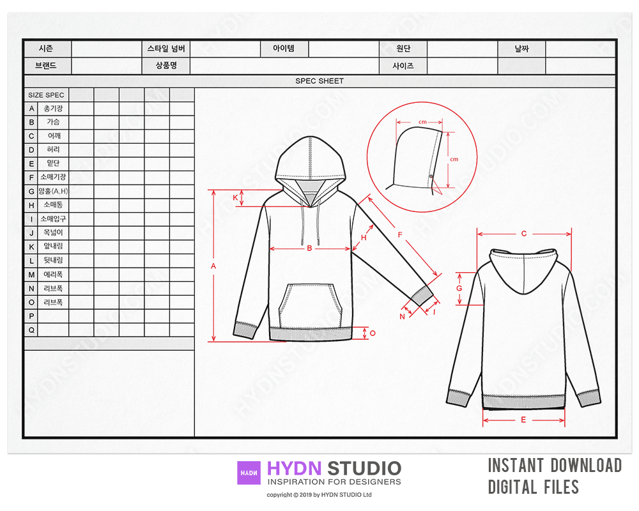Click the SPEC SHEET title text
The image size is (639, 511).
[x=319, y=80]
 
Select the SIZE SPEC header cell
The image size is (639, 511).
[x=46, y=95]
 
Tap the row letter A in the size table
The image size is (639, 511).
[x=31, y=109]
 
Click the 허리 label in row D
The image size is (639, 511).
[x=54, y=149]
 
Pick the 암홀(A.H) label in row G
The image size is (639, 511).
[x=54, y=191]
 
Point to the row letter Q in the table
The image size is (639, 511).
[x=31, y=330]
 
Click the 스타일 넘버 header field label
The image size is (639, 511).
[x=166, y=49]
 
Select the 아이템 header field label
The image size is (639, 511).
[x=284, y=48]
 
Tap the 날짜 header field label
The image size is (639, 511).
[x=521, y=49]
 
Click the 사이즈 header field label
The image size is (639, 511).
[x=403, y=66]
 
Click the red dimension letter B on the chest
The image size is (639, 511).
[x=309, y=248]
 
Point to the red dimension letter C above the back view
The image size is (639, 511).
[x=524, y=234]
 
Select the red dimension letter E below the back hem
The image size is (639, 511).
[x=523, y=420]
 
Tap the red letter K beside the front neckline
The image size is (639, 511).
[x=235, y=197]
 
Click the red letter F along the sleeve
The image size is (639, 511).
[x=400, y=234]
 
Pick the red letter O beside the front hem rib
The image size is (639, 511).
[x=373, y=333]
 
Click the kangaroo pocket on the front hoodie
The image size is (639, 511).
[x=310, y=305]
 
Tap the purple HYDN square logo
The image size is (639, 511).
[x=249, y=473]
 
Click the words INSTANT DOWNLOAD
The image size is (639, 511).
[x=555, y=466]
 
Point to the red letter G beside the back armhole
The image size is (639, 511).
[x=459, y=288]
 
